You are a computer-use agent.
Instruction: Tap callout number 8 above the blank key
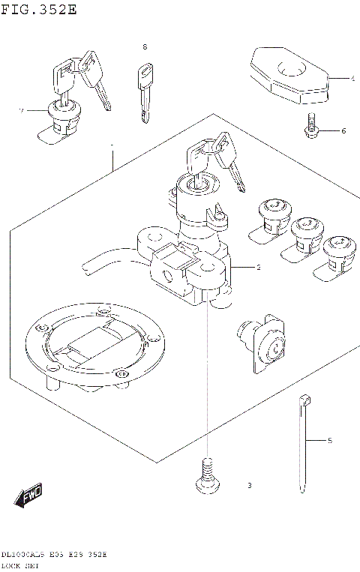coord(145,46)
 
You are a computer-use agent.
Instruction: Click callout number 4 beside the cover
coord(351,77)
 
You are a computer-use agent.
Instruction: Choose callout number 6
coord(343,131)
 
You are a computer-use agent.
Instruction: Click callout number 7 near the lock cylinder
coord(22,111)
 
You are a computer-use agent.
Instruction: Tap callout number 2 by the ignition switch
coord(257,268)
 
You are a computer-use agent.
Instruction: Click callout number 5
coord(328,441)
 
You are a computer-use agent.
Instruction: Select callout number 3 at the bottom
coord(249,486)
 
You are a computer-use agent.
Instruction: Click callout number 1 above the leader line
coord(112,145)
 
